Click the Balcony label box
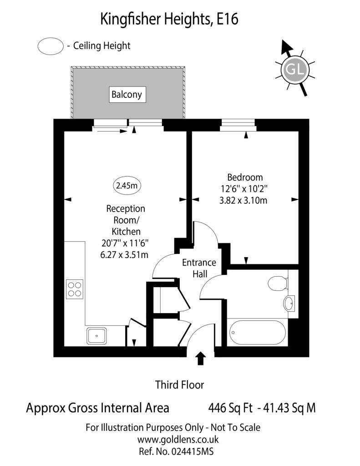tap(127, 95)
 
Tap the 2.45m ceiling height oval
tap(127, 186)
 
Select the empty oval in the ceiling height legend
tap(51, 46)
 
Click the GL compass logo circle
tap(295, 70)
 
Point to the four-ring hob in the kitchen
tap(75, 289)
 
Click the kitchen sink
tap(96, 335)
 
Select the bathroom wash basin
tap(289, 304)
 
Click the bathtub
tap(258, 332)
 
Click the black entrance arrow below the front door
tap(201, 358)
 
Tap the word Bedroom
tap(245, 177)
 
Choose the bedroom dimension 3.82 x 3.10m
tap(243, 201)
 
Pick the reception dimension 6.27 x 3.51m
tap(124, 255)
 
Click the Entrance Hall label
tap(199, 268)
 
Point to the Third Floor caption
tap(180, 385)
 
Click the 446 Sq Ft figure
tap(230, 408)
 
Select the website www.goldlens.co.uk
tap(178, 440)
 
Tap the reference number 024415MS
tap(192, 452)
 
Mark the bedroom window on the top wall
tap(238, 125)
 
